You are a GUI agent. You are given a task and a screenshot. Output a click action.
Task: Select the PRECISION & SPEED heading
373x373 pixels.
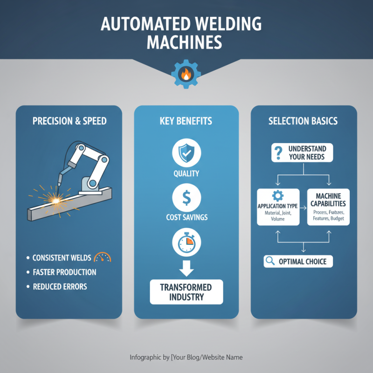pos(69,121)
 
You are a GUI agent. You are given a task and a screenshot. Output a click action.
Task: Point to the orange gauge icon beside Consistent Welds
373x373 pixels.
pos(102,257)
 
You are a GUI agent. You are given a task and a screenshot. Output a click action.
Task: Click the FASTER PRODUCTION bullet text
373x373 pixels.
pos(64,272)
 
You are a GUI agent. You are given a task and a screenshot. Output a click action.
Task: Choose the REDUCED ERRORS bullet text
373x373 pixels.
pos(60,286)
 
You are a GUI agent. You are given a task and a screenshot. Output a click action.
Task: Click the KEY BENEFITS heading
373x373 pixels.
pos(186,121)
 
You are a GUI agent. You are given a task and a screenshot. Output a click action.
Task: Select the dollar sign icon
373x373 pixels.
pos(186,197)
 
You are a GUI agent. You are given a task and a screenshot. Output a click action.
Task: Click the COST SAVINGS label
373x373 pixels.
pos(186,217)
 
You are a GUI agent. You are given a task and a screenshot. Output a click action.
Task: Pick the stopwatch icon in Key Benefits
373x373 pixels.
pos(186,242)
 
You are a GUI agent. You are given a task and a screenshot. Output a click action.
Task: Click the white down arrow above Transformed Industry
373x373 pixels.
pos(186,267)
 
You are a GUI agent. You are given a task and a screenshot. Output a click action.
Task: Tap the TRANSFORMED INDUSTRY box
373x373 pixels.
pos(186,292)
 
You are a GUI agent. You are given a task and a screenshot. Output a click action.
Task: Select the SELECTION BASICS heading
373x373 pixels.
pos(303,121)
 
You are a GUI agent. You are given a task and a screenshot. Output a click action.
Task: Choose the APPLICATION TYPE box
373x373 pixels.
pos(278,207)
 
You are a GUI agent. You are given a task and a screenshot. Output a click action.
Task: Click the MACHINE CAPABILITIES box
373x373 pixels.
pos(328,207)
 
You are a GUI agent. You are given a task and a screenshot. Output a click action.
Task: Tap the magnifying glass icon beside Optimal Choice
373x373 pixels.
pos(269,262)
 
